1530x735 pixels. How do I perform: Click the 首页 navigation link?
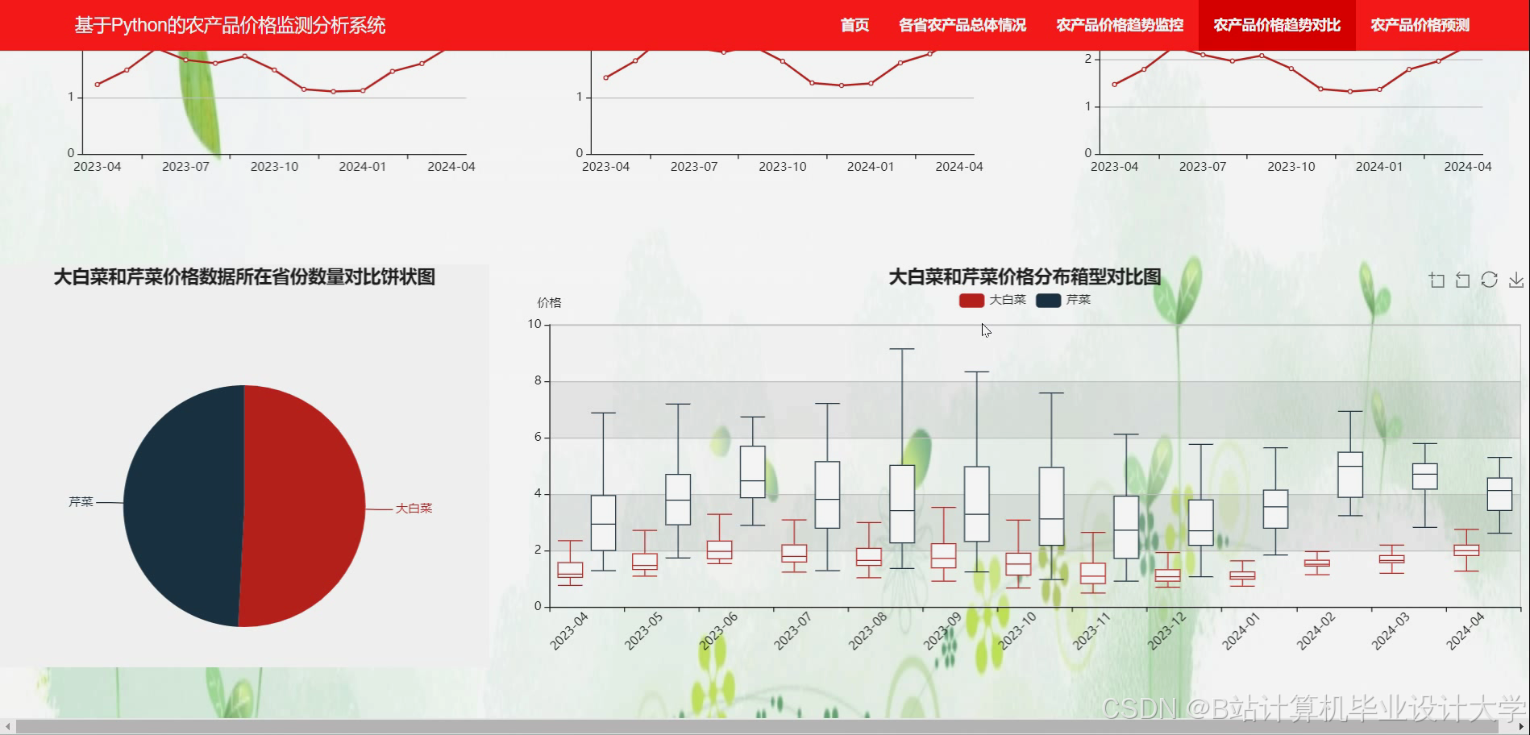click(854, 25)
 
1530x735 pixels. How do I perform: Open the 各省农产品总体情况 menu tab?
click(962, 25)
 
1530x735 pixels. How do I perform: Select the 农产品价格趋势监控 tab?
click(1120, 25)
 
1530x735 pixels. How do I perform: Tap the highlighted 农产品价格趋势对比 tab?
click(1277, 25)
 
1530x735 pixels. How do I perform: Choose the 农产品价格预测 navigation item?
click(1420, 25)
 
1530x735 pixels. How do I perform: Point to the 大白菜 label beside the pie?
click(414, 509)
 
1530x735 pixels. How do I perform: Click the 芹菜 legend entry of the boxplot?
click(1063, 300)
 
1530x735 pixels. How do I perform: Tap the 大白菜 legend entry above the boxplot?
click(992, 300)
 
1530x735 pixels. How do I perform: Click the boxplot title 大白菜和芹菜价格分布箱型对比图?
click(1025, 277)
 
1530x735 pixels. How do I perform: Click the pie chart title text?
click(244, 277)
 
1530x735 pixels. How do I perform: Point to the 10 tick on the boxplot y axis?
click(534, 324)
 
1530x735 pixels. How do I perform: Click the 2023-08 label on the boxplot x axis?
click(867, 631)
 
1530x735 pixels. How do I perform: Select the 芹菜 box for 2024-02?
click(1350, 474)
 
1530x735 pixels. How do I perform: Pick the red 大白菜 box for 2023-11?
click(1093, 573)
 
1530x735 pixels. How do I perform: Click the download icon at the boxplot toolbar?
click(1516, 280)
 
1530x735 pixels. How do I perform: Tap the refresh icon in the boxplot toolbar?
click(1489, 280)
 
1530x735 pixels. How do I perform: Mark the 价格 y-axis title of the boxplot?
click(549, 303)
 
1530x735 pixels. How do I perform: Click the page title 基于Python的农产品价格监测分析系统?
click(230, 25)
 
